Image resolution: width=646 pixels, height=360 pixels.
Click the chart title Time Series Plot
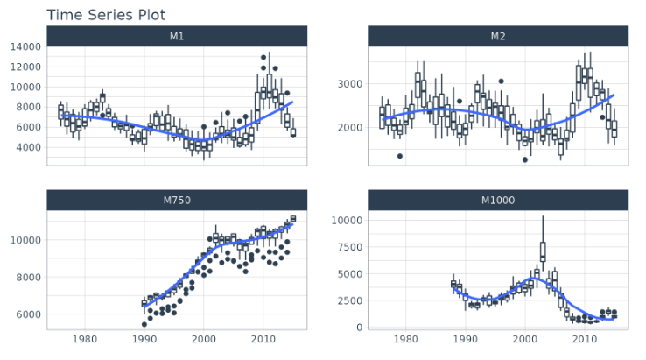click(106, 15)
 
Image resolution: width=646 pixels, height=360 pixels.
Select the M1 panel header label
click(177, 36)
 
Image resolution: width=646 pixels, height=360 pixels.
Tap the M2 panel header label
click(498, 36)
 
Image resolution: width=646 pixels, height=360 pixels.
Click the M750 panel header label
click(177, 201)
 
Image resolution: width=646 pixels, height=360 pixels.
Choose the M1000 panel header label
click(498, 201)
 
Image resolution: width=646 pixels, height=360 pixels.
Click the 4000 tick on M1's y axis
click(28, 147)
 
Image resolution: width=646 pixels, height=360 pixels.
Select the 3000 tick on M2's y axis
click(350, 84)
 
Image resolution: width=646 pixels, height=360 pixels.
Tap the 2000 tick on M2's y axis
click(350, 127)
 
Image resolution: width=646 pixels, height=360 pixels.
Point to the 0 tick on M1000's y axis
click(360, 328)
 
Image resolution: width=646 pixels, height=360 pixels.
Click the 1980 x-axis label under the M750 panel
click(85, 340)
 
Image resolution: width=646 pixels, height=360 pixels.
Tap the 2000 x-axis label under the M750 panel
click(203, 340)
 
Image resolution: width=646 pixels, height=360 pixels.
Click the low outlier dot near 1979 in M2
click(400, 156)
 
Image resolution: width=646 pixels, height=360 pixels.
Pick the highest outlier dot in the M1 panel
click(263, 58)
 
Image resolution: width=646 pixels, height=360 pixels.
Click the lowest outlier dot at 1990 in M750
click(144, 324)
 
